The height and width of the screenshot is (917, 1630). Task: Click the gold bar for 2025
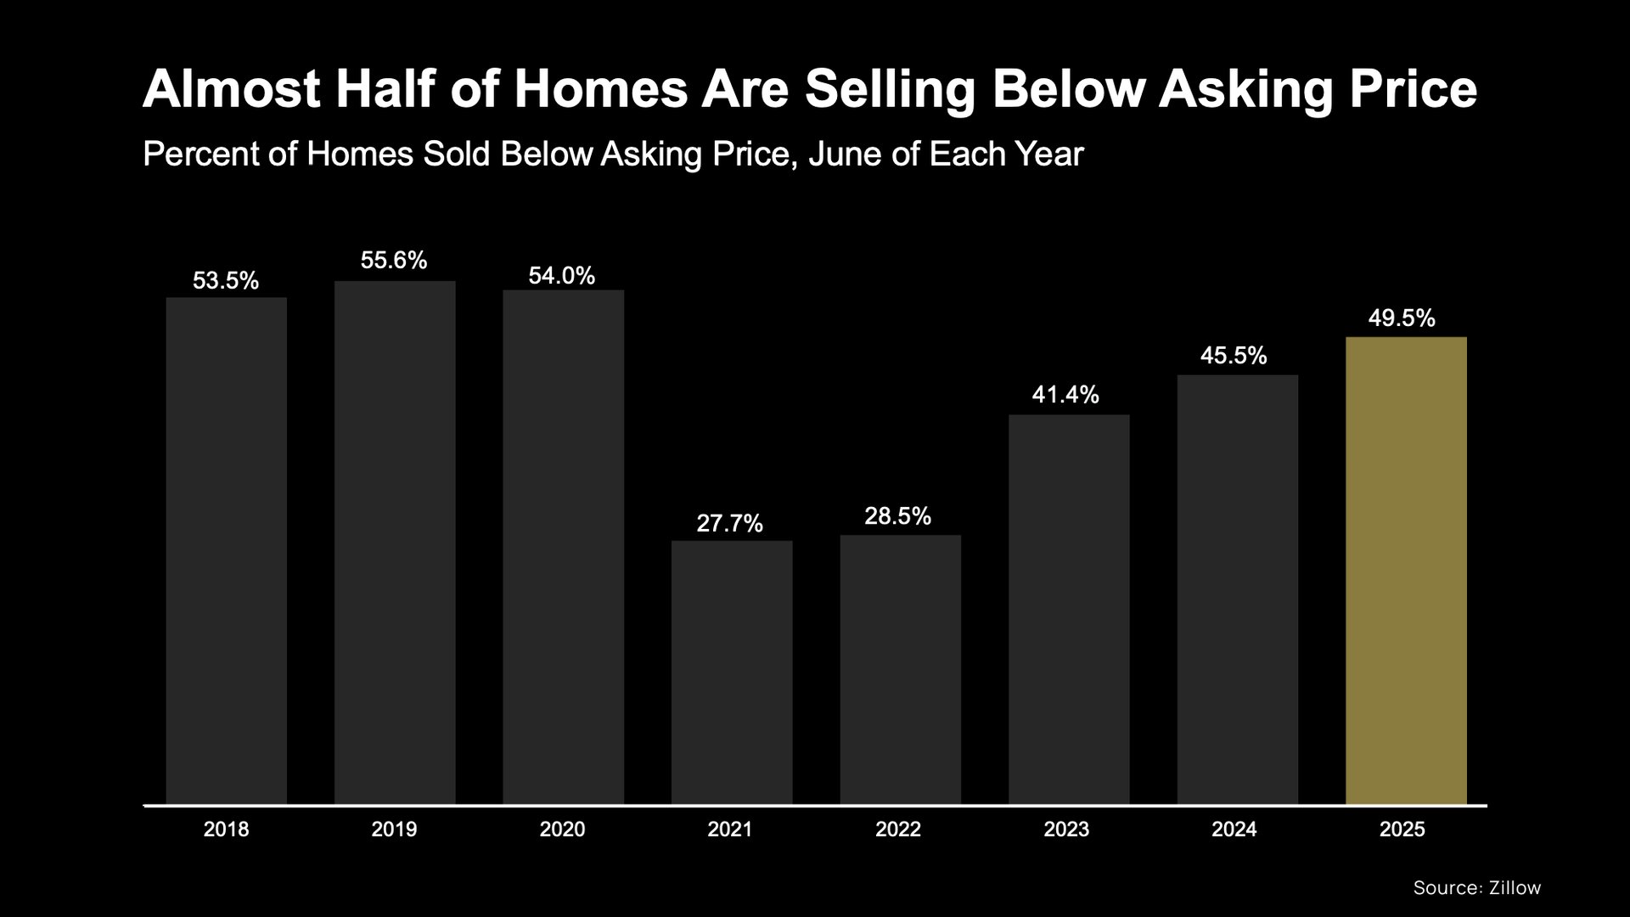tap(1406, 570)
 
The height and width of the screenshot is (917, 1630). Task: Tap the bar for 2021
tap(732, 672)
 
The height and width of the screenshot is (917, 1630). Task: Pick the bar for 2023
tap(1069, 609)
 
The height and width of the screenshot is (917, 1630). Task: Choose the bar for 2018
tap(227, 550)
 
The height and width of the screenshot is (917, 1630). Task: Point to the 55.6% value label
tap(394, 261)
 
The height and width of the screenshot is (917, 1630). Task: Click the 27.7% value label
tap(729, 523)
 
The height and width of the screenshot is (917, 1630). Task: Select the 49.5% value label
tap(1402, 318)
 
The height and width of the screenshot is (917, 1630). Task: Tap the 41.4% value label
tap(1065, 395)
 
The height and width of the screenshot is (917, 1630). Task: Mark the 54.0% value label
tap(562, 276)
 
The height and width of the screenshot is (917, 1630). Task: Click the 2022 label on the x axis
tap(898, 830)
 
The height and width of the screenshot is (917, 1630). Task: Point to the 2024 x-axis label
tap(1234, 830)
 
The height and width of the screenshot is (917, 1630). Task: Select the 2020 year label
tap(562, 830)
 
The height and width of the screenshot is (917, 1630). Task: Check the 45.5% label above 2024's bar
tap(1234, 356)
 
